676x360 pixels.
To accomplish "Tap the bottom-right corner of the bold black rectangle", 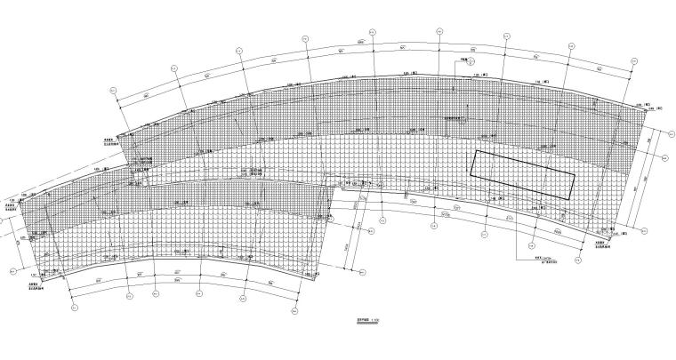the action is [x=567, y=196].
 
